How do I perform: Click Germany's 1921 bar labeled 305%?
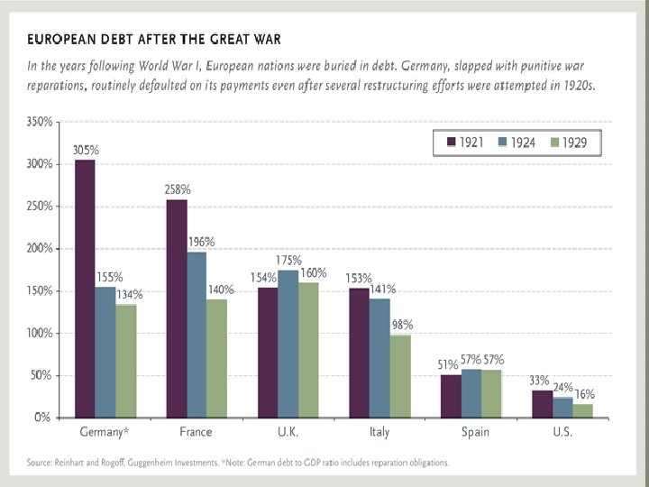pyautogui.click(x=85, y=289)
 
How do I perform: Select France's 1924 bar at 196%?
pyautogui.click(x=197, y=335)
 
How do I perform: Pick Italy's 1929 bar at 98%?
pyautogui.click(x=400, y=376)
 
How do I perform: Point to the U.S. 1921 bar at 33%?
pyautogui.click(x=542, y=403)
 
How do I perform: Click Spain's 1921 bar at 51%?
pyautogui.click(x=451, y=396)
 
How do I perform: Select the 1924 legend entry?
pyautogui.click(x=516, y=142)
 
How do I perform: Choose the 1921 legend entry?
pyautogui.click(x=462, y=142)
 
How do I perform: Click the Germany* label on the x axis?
pyautogui.click(x=105, y=432)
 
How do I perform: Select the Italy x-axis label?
pyautogui.click(x=379, y=432)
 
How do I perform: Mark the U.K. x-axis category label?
pyautogui.click(x=288, y=432)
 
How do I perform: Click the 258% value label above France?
pyautogui.click(x=178, y=190)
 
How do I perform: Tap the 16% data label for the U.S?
pyautogui.click(x=585, y=394)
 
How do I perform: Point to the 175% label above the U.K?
pyautogui.click(x=289, y=261)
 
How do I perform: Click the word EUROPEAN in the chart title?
pyautogui.click(x=65, y=39)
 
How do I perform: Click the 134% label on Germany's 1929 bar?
pyautogui.click(x=129, y=295)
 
